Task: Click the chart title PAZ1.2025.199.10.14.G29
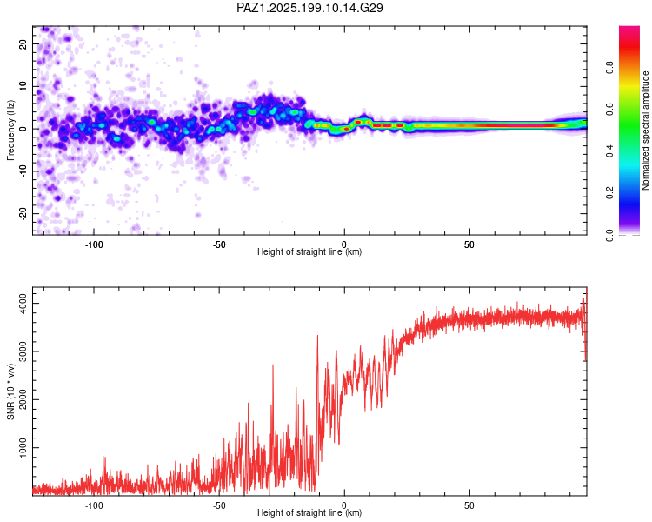tap(309, 8)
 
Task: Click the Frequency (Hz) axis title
tap(10, 130)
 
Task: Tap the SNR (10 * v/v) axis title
tap(10, 391)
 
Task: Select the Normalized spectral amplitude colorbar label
tap(645, 130)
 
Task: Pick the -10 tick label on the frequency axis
tap(23, 171)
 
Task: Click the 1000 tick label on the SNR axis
tap(23, 447)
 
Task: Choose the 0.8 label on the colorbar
tap(609, 67)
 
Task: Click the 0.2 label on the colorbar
tap(609, 193)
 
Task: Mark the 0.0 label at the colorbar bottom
tap(609, 235)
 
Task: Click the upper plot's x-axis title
tap(309, 251)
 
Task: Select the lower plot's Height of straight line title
tap(309, 512)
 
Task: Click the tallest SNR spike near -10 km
tap(317, 336)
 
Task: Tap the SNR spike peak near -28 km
tap(273, 365)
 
